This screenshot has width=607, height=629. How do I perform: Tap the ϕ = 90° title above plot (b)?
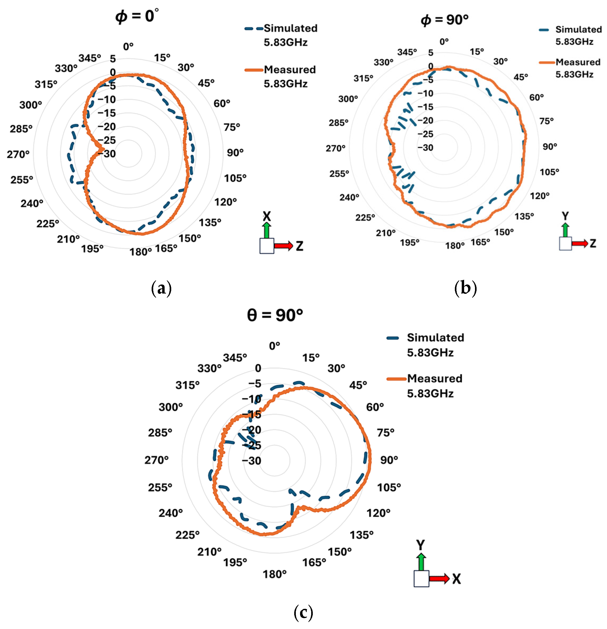444,20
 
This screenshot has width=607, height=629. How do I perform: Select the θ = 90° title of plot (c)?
275,315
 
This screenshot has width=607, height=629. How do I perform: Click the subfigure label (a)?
161,288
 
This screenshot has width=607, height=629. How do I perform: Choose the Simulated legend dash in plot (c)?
393,338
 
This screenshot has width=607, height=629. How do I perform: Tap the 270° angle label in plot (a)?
18,154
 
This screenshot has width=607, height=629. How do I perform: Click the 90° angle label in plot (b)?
550,147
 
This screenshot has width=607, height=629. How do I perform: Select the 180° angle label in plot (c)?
275,574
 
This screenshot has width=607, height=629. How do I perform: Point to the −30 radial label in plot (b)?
425,148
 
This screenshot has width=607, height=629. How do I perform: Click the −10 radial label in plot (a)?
107,100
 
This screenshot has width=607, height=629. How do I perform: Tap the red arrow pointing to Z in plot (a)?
283,246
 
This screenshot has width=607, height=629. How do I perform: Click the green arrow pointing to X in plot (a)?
266,230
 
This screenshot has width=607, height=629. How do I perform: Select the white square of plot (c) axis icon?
421,579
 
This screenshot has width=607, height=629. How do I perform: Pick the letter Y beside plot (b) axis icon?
565,216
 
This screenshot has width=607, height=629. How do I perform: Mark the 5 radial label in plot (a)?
113,59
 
